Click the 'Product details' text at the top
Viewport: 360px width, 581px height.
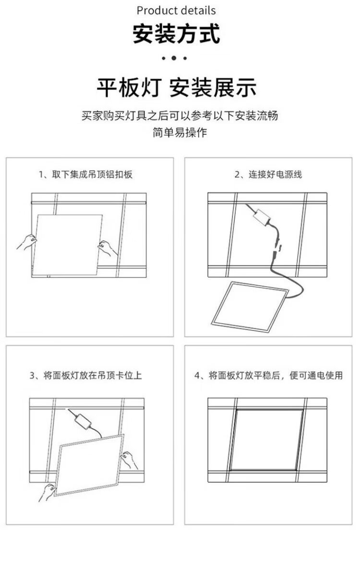click(176, 11)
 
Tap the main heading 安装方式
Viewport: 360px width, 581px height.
click(177, 34)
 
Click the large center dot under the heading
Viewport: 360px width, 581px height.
click(174, 58)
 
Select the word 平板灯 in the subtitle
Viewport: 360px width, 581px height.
click(129, 88)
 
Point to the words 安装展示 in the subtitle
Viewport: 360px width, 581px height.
click(213, 88)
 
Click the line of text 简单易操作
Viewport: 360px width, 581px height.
click(180, 132)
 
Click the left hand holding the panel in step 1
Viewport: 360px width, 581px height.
click(27, 242)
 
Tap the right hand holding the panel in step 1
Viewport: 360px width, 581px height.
click(108, 248)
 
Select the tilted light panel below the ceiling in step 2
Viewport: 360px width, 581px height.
click(250, 307)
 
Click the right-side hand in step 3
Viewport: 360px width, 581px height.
click(129, 460)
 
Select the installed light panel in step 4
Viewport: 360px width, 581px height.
click(266, 440)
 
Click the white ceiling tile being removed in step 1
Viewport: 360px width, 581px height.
click(67, 245)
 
